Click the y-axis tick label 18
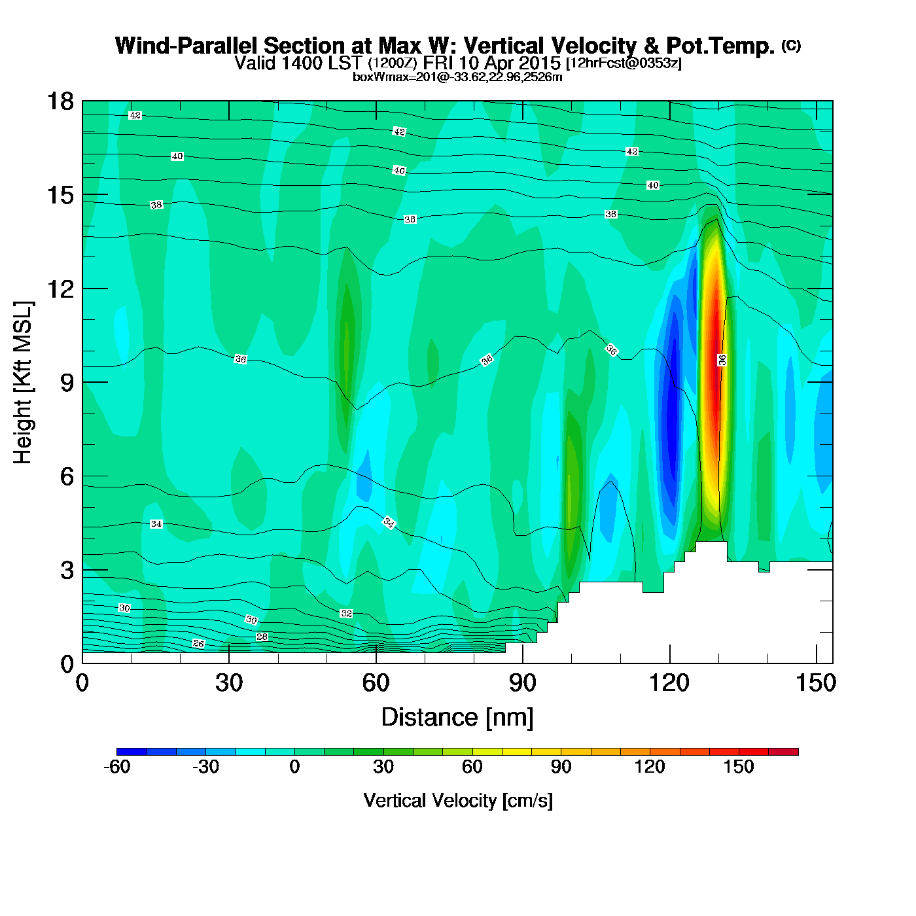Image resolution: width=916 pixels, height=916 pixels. click(x=60, y=101)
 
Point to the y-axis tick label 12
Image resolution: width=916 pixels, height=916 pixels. click(x=60, y=289)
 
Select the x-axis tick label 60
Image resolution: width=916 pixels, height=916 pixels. click(x=376, y=683)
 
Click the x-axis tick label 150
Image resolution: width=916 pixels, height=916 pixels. click(x=816, y=683)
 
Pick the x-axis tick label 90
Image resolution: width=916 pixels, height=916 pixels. click(x=522, y=683)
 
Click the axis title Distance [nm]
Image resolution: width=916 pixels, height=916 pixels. click(x=457, y=717)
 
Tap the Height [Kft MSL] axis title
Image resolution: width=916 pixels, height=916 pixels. click(x=23, y=383)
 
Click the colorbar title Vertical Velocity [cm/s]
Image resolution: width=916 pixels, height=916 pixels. click(x=458, y=800)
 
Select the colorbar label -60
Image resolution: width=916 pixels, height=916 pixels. click(x=117, y=767)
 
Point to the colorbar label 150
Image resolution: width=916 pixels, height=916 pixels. click(x=739, y=767)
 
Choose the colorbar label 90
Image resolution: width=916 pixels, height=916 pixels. click(x=561, y=767)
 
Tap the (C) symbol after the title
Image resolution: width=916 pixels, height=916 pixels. click(x=791, y=45)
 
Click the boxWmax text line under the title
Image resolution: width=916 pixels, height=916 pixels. click(x=457, y=77)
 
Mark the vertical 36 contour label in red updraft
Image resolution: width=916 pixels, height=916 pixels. click(x=722, y=360)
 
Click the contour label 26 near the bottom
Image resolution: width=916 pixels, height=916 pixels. click(x=199, y=644)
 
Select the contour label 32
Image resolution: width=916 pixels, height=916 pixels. click(x=346, y=614)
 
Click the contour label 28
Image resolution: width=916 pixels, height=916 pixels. click(x=262, y=637)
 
